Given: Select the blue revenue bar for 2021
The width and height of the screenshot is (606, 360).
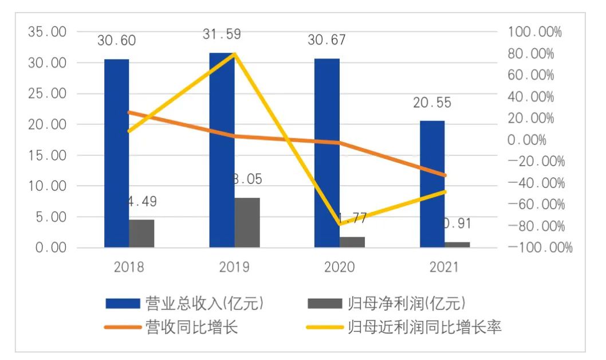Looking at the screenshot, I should (432, 184).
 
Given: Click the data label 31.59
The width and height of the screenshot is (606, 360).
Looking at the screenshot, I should (221, 34).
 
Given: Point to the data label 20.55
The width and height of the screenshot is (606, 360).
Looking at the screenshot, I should (432, 103).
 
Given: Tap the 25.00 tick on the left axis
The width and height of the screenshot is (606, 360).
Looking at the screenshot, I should (48, 93).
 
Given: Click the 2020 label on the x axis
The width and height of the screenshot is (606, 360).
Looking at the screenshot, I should (339, 267).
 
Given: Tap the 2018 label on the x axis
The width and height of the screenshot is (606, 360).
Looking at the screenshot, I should (129, 267).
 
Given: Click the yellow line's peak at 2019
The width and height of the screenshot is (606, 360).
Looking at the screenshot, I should (235, 53).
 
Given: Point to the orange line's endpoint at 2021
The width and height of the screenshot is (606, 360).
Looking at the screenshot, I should (444, 175).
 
